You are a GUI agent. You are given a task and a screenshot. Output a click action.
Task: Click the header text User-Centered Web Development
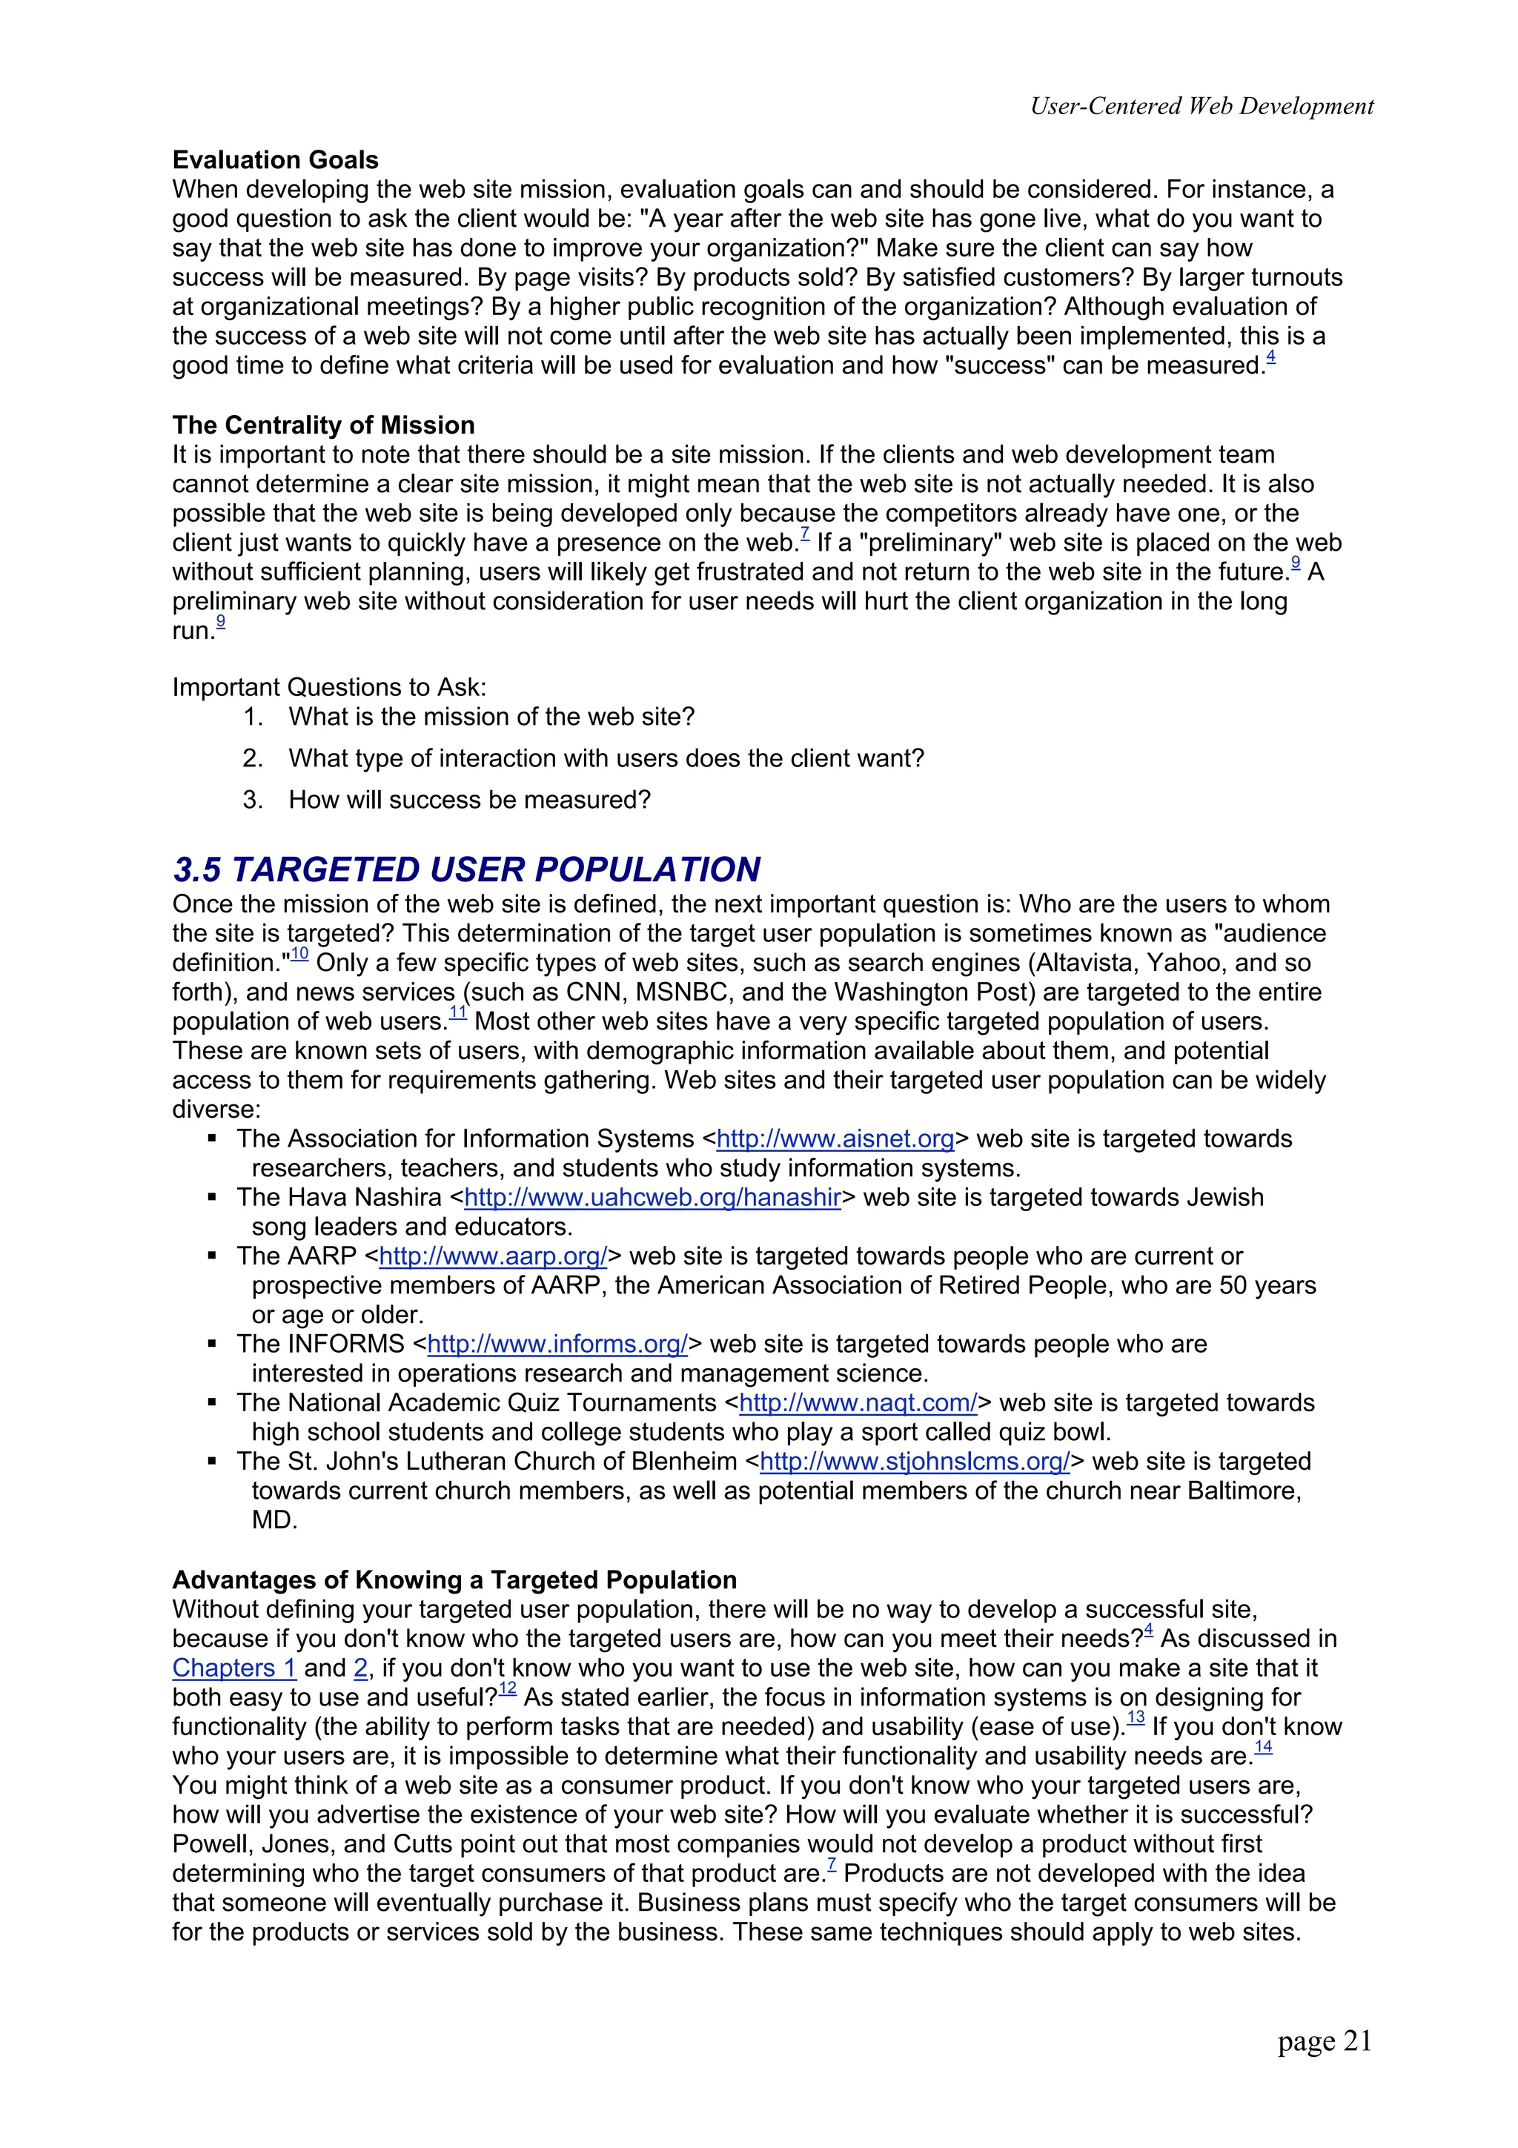(x=1201, y=106)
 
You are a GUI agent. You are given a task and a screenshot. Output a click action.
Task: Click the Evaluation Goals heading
(x=275, y=160)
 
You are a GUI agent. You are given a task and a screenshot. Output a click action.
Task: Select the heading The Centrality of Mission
(x=322, y=425)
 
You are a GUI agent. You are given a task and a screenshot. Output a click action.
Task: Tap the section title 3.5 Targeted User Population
(x=465, y=869)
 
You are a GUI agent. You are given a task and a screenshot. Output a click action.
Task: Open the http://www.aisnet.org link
(x=835, y=1138)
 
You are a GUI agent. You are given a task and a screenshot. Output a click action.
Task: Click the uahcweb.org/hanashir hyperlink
(x=652, y=1198)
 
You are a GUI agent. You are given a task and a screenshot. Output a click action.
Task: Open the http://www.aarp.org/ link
(x=493, y=1256)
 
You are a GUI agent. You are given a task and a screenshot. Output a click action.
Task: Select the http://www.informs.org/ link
(x=557, y=1345)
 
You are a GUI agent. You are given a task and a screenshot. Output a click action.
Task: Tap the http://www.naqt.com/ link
(x=858, y=1403)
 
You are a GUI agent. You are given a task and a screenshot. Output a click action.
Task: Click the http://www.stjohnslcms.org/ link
(x=915, y=1462)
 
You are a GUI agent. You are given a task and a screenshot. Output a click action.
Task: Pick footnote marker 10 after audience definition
(x=299, y=954)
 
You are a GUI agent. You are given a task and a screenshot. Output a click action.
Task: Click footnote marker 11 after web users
(x=457, y=1013)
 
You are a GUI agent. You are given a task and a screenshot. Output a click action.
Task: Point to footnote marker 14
(x=1263, y=1748)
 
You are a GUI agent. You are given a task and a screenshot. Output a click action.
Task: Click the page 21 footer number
(x=1324, y=2041)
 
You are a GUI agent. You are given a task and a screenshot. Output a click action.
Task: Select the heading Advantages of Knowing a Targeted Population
(x=454, y=1580)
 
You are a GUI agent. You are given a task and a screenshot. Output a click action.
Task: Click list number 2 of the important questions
(x=253, y=759)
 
